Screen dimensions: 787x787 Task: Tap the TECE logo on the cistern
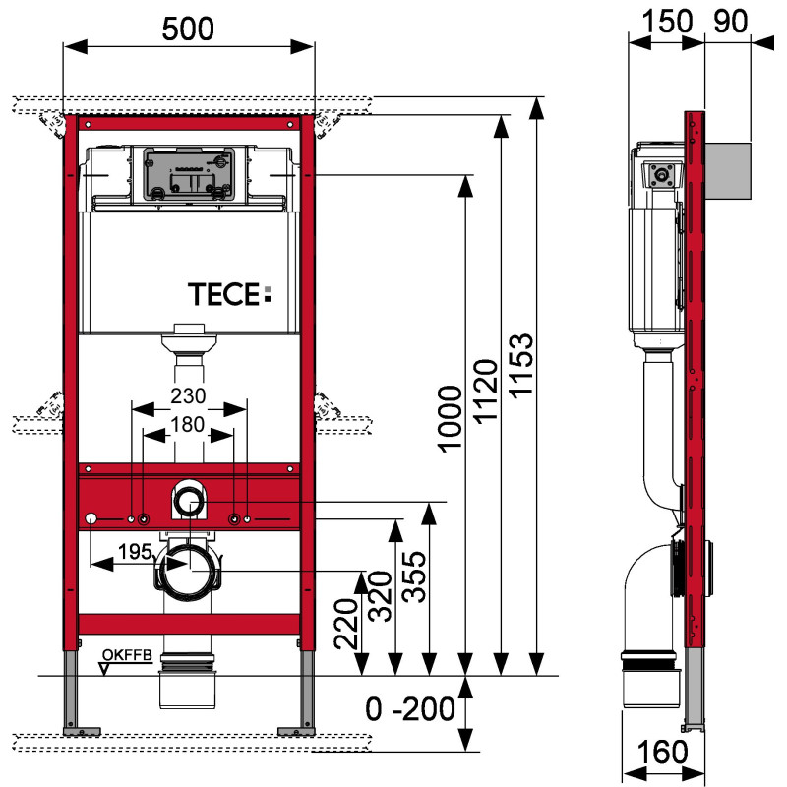click(228, 291)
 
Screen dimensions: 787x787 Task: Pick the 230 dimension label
click(187, 395)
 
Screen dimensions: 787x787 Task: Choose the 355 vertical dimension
click(414, 574)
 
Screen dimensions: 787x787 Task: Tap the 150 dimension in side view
click(667, 21)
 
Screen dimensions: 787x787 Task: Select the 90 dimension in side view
click(729, 21)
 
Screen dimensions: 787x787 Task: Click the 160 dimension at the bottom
click(667, 753)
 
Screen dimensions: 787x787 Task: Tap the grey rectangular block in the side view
click(729, 169)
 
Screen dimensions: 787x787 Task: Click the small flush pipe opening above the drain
click(189, 503)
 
